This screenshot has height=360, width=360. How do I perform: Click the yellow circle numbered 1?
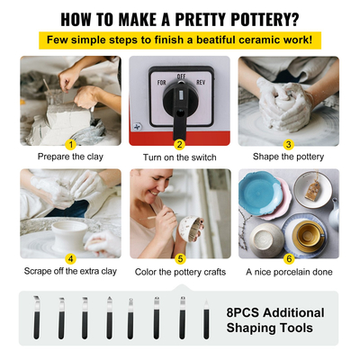click(70, 143)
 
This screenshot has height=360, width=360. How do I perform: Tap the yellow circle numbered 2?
click(179, 143)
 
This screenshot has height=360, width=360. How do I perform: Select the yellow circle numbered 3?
click(289, 143)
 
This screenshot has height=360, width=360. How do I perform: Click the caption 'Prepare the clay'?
click(70, 157)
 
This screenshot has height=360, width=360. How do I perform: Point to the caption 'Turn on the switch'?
click(179, 157)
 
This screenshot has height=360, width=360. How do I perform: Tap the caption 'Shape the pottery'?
click(289, 157)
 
